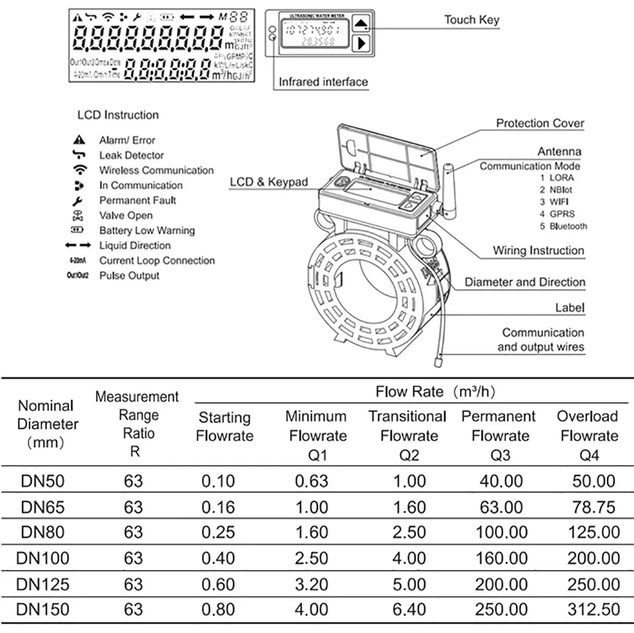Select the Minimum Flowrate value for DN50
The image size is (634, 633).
click(x=312, y=481)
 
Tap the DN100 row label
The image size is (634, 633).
click(x=44, y=558)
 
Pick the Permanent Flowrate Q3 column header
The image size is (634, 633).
click(x=498, y=436)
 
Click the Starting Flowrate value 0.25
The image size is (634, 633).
click(x=218, y=532)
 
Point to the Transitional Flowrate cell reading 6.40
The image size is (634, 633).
click(x=409, y=609)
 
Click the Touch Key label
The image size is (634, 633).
click(x=472, y=20)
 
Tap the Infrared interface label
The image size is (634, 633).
click(x=323, y=82)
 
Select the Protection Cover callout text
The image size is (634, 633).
click(x=540, y=123)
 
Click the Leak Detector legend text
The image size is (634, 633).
click(x=131, y=155)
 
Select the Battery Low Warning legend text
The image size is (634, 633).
click(x=147, y=231)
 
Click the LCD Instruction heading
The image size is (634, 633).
click(x=118, y=115)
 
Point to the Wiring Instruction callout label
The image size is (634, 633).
click(x=538, y=250)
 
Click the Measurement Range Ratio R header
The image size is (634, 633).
click(x=136, y=424)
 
